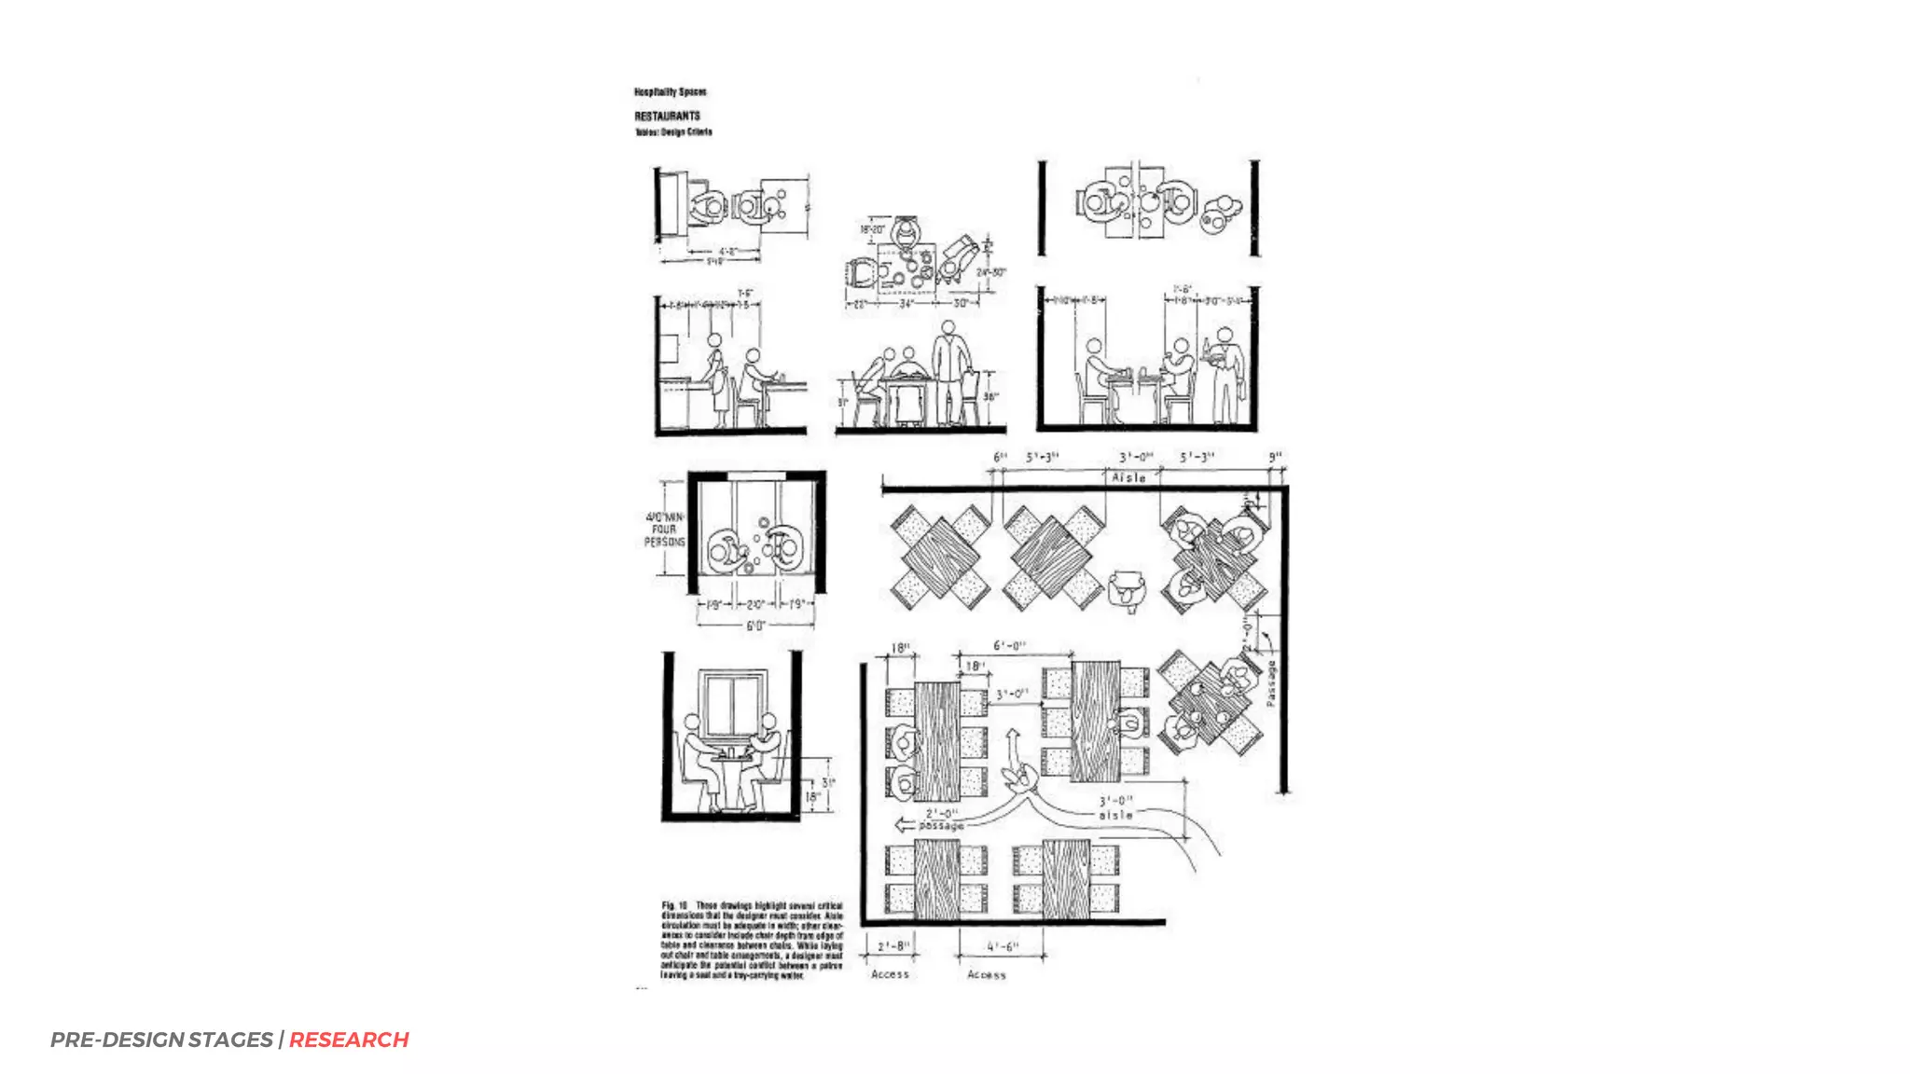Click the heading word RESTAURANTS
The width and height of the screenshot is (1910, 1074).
(667, 116)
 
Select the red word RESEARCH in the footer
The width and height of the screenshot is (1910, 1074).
(349, 1040)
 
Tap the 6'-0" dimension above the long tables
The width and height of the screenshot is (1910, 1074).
(1009, 645)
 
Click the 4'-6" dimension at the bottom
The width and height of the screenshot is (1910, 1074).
(1003, 946)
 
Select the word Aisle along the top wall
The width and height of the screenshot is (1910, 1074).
(1128, 477)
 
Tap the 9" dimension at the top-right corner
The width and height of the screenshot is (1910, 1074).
(1275, 457)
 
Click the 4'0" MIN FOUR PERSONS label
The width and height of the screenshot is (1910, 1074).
(664, 529)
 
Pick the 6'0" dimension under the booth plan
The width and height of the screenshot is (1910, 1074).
(754, 626)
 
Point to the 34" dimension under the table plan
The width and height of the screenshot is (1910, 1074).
(906, 303)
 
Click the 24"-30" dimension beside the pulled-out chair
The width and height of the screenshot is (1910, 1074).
(990, 272)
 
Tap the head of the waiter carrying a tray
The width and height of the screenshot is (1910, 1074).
(1225, 334)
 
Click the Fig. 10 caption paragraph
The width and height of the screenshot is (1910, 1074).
(752, 940)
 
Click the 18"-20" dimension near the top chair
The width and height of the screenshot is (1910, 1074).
(872, 228)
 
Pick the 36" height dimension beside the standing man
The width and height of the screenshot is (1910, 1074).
(990, 397)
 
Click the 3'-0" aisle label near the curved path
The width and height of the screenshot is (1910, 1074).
(1115, 807)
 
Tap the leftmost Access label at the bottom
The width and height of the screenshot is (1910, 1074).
(889, 974)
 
